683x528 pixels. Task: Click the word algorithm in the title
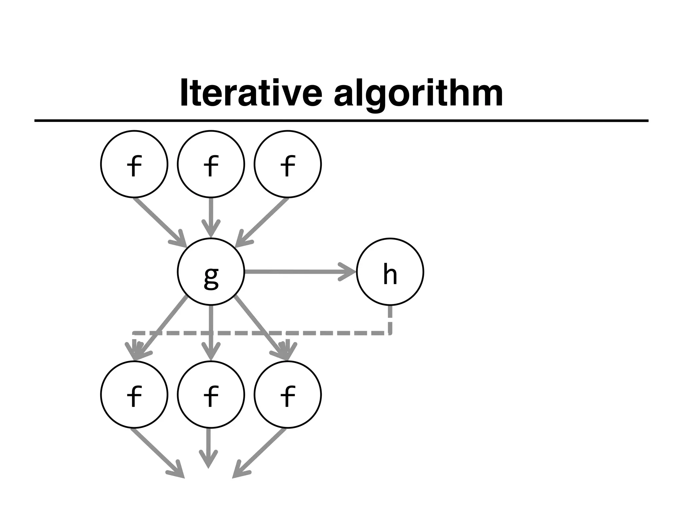(418, 94)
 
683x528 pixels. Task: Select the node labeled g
(211, 271)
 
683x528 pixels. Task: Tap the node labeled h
(390, 271)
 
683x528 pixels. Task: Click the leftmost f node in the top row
(134, 164)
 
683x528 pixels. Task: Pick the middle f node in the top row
(211, 164)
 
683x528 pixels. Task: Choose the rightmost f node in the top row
(287, 164)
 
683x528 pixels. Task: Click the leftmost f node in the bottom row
(134, 394)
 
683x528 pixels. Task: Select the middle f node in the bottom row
(211, 394)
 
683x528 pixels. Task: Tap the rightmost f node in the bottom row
(287, 394)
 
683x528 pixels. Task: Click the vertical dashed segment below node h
(390, 319)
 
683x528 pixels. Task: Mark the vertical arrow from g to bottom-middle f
(210, 330)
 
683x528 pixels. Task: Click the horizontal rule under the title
(341, 120)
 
